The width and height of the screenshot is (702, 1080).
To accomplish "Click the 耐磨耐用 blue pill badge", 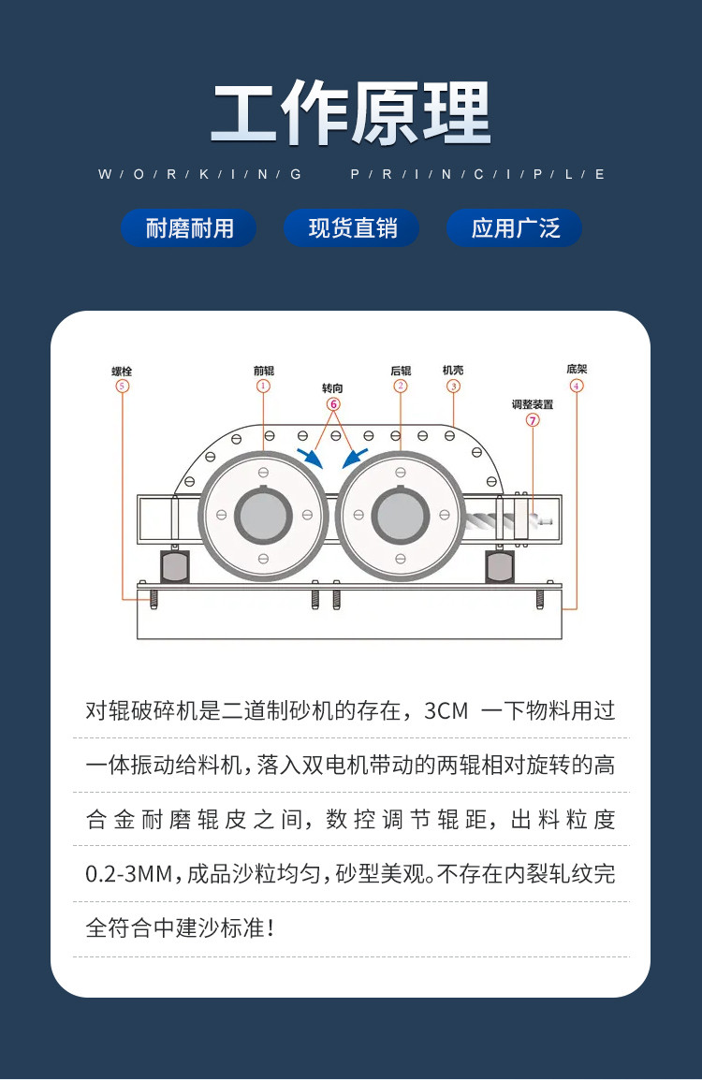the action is point(189,228).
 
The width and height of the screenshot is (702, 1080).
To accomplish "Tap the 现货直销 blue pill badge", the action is point(352,228).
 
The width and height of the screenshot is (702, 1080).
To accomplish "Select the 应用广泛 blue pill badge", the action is point(515,228).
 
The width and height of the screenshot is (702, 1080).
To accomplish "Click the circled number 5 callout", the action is point(122,387).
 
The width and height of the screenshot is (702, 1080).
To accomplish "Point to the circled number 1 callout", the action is point(263,387).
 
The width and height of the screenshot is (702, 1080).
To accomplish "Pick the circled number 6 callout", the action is point(333,404).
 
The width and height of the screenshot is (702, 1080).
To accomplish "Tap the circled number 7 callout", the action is point(533,420).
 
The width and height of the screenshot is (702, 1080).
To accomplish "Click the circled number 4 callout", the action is point(577,386).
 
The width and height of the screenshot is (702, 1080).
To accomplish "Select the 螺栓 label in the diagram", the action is point(122,372).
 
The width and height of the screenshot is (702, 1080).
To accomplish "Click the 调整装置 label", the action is point(533,404).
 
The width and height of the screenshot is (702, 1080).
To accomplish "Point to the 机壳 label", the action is point(453,370).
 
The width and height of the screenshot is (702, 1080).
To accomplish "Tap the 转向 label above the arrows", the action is point(332,388).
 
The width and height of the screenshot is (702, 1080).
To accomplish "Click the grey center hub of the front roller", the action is point(263,516).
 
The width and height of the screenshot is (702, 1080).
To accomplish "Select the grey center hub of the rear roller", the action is point(401,516).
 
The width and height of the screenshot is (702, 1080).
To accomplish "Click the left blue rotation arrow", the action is point(310,458).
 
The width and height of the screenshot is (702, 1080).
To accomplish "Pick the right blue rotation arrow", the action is point(355,458).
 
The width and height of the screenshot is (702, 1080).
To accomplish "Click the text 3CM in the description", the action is point(446,710).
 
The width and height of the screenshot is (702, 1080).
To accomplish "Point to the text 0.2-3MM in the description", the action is point(129,874).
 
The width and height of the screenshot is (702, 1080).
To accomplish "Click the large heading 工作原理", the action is point(351,113).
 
